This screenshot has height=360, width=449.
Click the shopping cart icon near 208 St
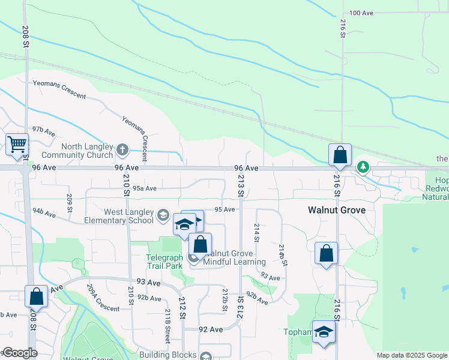pyautogui.click(x=17, y=144)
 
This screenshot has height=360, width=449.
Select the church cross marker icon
pyautogui.click(x=122, y=149)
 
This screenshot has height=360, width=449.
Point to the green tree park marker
pyautogui.click(x=363, y=167)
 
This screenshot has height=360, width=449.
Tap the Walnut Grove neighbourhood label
pyautogui.click(x=336, y=211)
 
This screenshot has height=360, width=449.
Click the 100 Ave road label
pyautogui.click(x=361, y=13)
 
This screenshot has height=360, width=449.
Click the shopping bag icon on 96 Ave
pyautogui.click(x=340, y=155)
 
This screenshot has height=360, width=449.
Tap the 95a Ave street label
pyautogui.click(x=145, y=188)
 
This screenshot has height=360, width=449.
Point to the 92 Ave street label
pyautogui.click(x=211, y=329)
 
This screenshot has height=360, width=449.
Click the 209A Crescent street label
pyautogui.click(x=103, y=298)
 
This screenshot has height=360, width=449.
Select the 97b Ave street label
pyautogui.click(x=44, y=130)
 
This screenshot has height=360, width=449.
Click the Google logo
pyautogui.click(x=19, y=353)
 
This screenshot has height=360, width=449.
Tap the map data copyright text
pyautogui.click(x=411, y=355)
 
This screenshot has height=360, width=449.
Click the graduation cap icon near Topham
pyautogui.click(x=324, y=331)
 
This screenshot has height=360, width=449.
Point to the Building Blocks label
pyautogui.click(x=167, y=355)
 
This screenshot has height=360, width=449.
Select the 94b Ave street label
pyautogui.click(x=44, y=212)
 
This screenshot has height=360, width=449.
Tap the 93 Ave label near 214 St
pyautogui.click(x=270, y=278)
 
